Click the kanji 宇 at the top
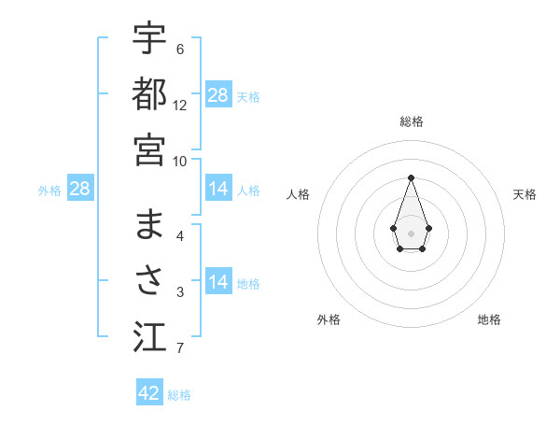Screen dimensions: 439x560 (x=149, y=39)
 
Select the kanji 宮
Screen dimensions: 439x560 (x=149, y=149)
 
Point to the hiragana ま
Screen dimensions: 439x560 (x=149, y=225)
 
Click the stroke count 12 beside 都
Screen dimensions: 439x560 (x=180, y=106)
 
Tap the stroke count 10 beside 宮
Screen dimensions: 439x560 (x=180, y=161)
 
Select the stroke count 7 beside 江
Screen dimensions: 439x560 (x=180, y=349)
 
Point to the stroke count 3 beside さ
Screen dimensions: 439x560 (x=180, y=293)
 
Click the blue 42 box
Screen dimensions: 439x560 (x=149, y=393)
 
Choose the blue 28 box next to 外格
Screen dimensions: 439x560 (x=80, y=190)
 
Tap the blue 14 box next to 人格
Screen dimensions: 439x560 (x=218, y=190)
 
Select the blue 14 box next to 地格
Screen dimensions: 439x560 (x=218, y=283)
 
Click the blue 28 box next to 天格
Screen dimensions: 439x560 (x=218, y=95)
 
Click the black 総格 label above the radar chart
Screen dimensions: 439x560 (x=411, y=121)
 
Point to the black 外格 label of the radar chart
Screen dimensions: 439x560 (x=329, y=319)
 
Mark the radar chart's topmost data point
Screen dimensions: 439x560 (x=411, y=177)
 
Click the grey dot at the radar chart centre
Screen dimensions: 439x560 (x=411, y=233)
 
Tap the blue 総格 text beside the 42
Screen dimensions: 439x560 (x=179, y=395)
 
